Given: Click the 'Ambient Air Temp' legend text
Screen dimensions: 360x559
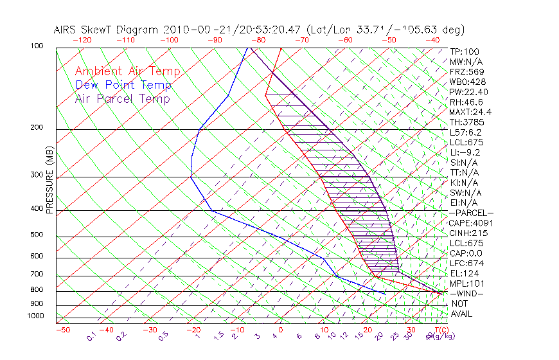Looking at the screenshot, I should click(x=128, y=71).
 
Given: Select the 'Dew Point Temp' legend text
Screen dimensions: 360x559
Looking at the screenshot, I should click(x=123, y=85).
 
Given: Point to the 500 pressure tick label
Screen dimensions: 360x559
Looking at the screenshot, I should click(x=38, y=235).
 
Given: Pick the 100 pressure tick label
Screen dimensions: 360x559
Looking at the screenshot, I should click(x=38, y=47).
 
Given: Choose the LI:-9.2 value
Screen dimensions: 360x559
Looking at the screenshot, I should click(x=465, y=152).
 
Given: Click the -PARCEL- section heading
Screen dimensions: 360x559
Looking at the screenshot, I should click(x=472, y=213).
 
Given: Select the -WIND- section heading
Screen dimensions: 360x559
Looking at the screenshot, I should click(x=467, y=294).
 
